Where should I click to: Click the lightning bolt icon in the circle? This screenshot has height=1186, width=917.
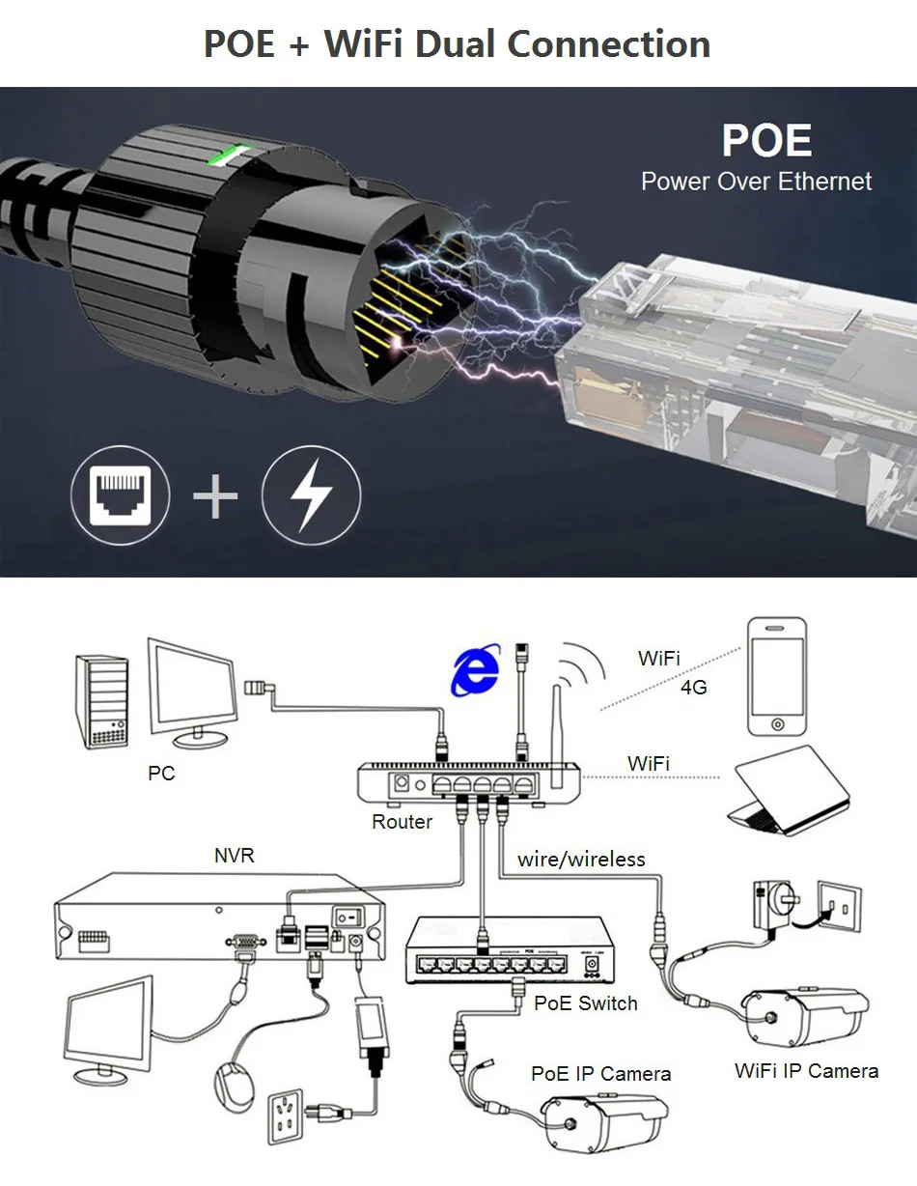311,496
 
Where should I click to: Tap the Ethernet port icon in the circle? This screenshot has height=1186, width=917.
119,496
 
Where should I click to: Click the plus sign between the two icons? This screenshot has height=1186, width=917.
215,497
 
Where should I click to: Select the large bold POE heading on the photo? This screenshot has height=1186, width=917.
766,141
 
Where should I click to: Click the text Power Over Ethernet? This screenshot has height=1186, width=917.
756,182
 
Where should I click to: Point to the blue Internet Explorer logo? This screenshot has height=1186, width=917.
475,669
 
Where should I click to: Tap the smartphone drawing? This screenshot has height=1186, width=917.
777,676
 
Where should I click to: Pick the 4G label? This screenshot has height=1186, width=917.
693,688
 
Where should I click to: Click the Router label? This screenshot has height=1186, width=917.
402,822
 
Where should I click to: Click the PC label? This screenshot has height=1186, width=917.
161,774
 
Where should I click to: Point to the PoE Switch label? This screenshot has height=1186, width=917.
585,1002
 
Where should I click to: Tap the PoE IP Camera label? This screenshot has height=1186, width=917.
600,1074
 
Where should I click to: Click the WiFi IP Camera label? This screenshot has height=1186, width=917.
806,1070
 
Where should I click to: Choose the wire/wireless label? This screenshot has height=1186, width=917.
581,859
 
